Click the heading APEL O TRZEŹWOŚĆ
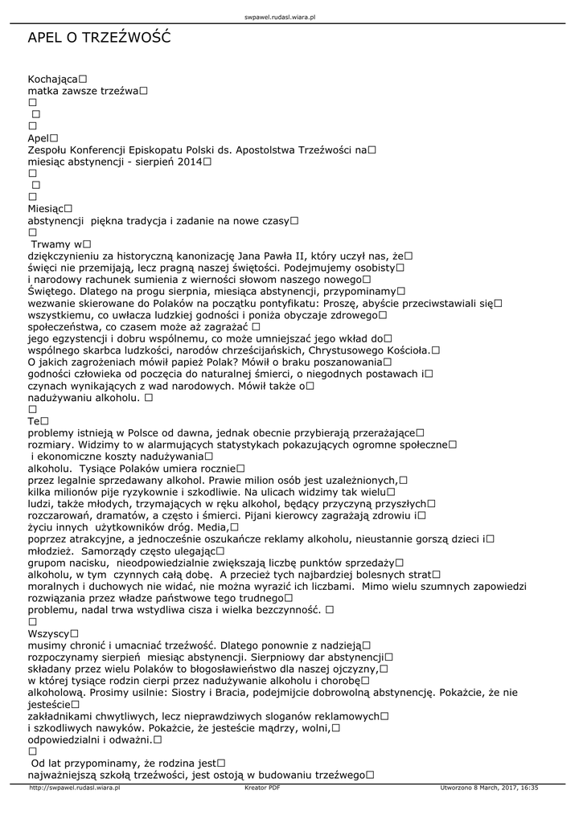pos(99,39)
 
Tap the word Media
pos(211,527)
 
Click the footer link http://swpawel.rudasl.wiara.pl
pos(74,788)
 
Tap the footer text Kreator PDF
pos(262,788)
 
